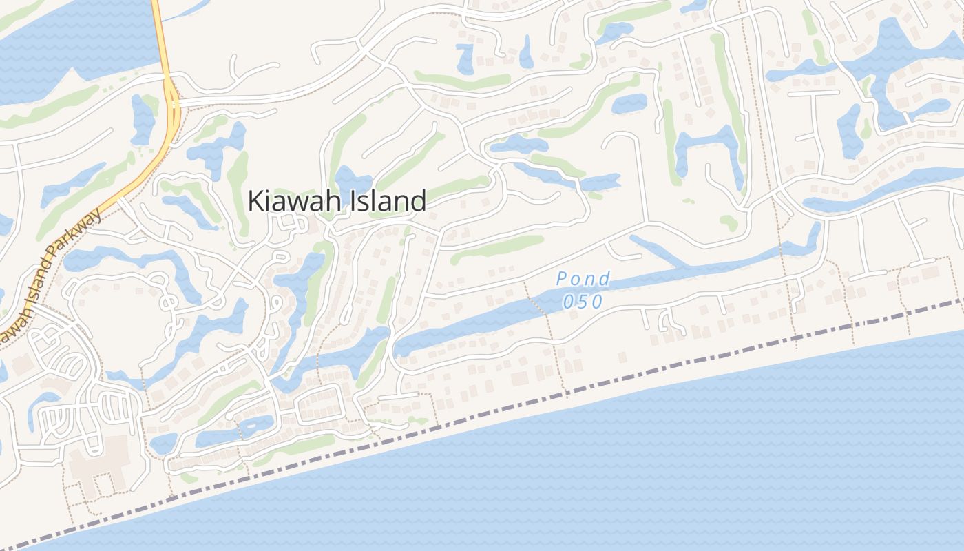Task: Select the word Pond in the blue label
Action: (x=583, y=279)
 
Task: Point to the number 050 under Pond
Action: (x=583, y=302)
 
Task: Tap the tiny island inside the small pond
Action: (x=247, y=426)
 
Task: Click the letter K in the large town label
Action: (x=255, y=201)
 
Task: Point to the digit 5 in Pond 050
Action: (x=583, y=302)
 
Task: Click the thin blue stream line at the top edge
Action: (x=186, y=10)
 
